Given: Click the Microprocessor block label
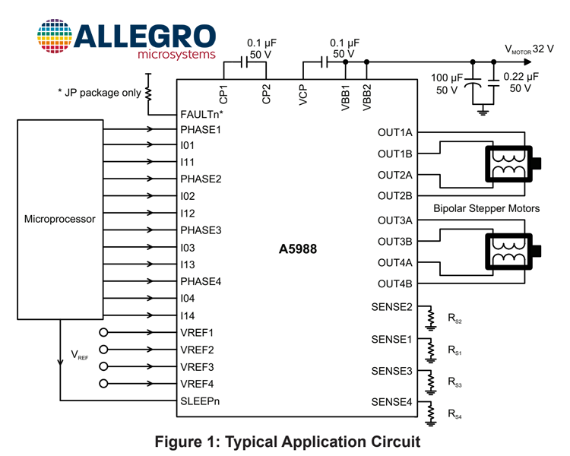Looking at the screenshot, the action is point(60,219).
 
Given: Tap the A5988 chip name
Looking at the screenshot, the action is point(298,249).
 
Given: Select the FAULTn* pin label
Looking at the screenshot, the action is point(201,114).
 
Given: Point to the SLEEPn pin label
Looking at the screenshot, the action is point(200,401).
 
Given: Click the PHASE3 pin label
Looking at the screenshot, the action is point(201,230).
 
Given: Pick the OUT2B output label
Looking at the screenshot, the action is point(395,196).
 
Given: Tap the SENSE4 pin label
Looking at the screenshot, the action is point(392,402).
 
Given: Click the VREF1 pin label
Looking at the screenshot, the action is point(197,333).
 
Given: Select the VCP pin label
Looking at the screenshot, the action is point(303,95).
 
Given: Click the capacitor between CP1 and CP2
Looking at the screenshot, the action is point(244,62).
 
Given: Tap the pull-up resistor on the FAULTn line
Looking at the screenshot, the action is point(148,93).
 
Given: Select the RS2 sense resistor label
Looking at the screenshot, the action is point(454,318).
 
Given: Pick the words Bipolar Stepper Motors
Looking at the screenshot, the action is point(486,208).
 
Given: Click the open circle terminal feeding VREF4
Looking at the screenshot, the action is point(103,383).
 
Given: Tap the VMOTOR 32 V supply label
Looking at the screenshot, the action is point(529,49).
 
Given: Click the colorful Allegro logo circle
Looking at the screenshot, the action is point(55,36).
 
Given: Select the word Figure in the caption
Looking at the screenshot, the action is point(178,442).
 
